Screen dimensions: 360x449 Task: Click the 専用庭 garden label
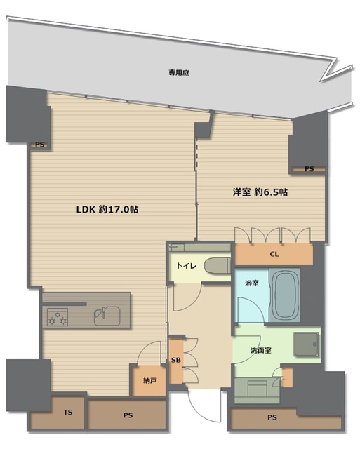179,73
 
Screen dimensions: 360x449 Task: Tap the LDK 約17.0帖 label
107,209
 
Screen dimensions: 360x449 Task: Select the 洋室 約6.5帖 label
260,192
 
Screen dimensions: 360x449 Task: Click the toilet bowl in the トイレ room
218,266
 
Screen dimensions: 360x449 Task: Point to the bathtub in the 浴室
285,296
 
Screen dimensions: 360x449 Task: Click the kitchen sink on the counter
107,316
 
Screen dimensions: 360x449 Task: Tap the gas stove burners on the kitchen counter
58,317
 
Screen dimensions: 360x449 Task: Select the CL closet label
274,254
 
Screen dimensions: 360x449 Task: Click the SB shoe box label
176,360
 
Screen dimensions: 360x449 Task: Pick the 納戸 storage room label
149,381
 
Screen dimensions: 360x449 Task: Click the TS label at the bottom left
68,413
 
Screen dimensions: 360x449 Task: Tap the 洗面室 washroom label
261,350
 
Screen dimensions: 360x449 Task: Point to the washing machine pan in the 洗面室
306,344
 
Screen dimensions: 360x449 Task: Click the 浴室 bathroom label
252,283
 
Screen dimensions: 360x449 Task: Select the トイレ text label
187,266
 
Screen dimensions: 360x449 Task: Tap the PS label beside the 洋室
309,169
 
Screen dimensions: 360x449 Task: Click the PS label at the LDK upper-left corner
40,145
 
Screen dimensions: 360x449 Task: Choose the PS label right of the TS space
128,415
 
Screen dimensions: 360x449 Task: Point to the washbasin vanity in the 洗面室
257,391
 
